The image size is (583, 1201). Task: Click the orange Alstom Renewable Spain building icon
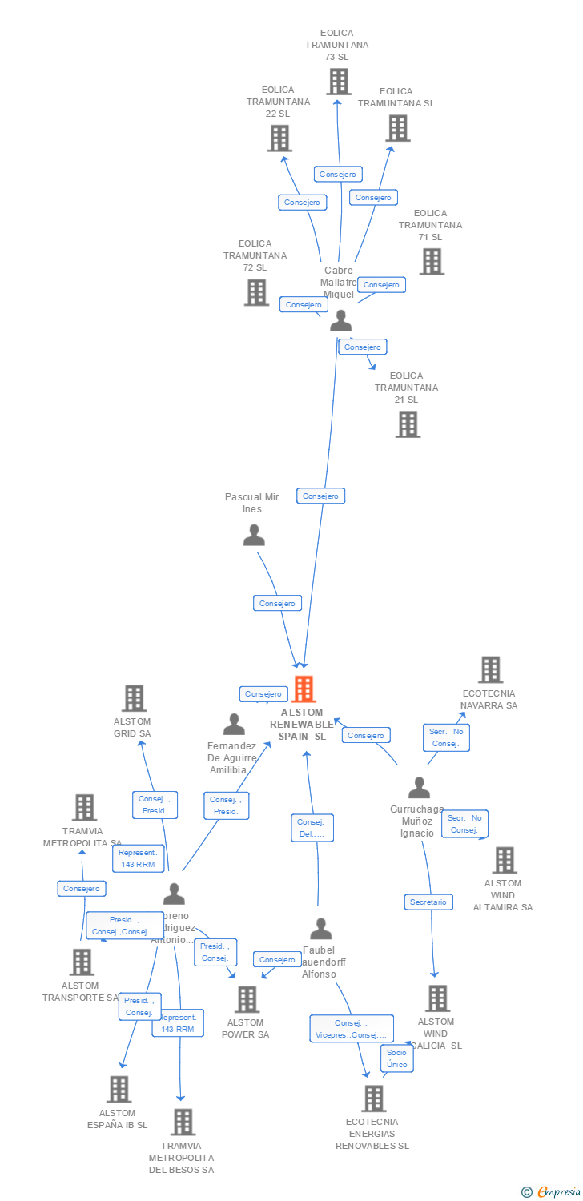click(304, 689)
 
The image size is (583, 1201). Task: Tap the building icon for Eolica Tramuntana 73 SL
click(338, 82)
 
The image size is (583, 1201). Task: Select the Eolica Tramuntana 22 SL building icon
click(279, 139)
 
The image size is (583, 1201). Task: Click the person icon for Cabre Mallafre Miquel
click(341, 321)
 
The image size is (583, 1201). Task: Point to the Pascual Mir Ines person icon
click(254, 535)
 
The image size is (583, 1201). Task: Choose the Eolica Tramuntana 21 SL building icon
click(408, 424)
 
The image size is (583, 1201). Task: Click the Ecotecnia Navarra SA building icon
click(490, 669)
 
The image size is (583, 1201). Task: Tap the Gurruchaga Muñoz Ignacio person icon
click(419, 788)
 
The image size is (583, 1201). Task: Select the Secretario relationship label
click(428, 902)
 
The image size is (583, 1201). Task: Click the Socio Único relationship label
click(397, 1058)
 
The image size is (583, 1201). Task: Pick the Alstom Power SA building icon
click(247, 999)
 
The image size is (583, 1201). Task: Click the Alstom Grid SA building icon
click(134, 698)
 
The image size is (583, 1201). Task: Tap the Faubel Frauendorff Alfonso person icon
click(321, 929)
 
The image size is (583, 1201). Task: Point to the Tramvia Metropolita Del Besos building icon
click(183, 1123)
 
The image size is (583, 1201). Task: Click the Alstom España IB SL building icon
click(119, 1089)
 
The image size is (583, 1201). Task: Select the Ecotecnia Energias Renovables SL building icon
click(374, 1099)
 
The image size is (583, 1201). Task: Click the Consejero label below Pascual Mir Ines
click(277, 604)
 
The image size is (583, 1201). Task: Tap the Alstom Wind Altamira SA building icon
click(504, 860)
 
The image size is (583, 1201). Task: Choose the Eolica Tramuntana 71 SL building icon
click(432, 262)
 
